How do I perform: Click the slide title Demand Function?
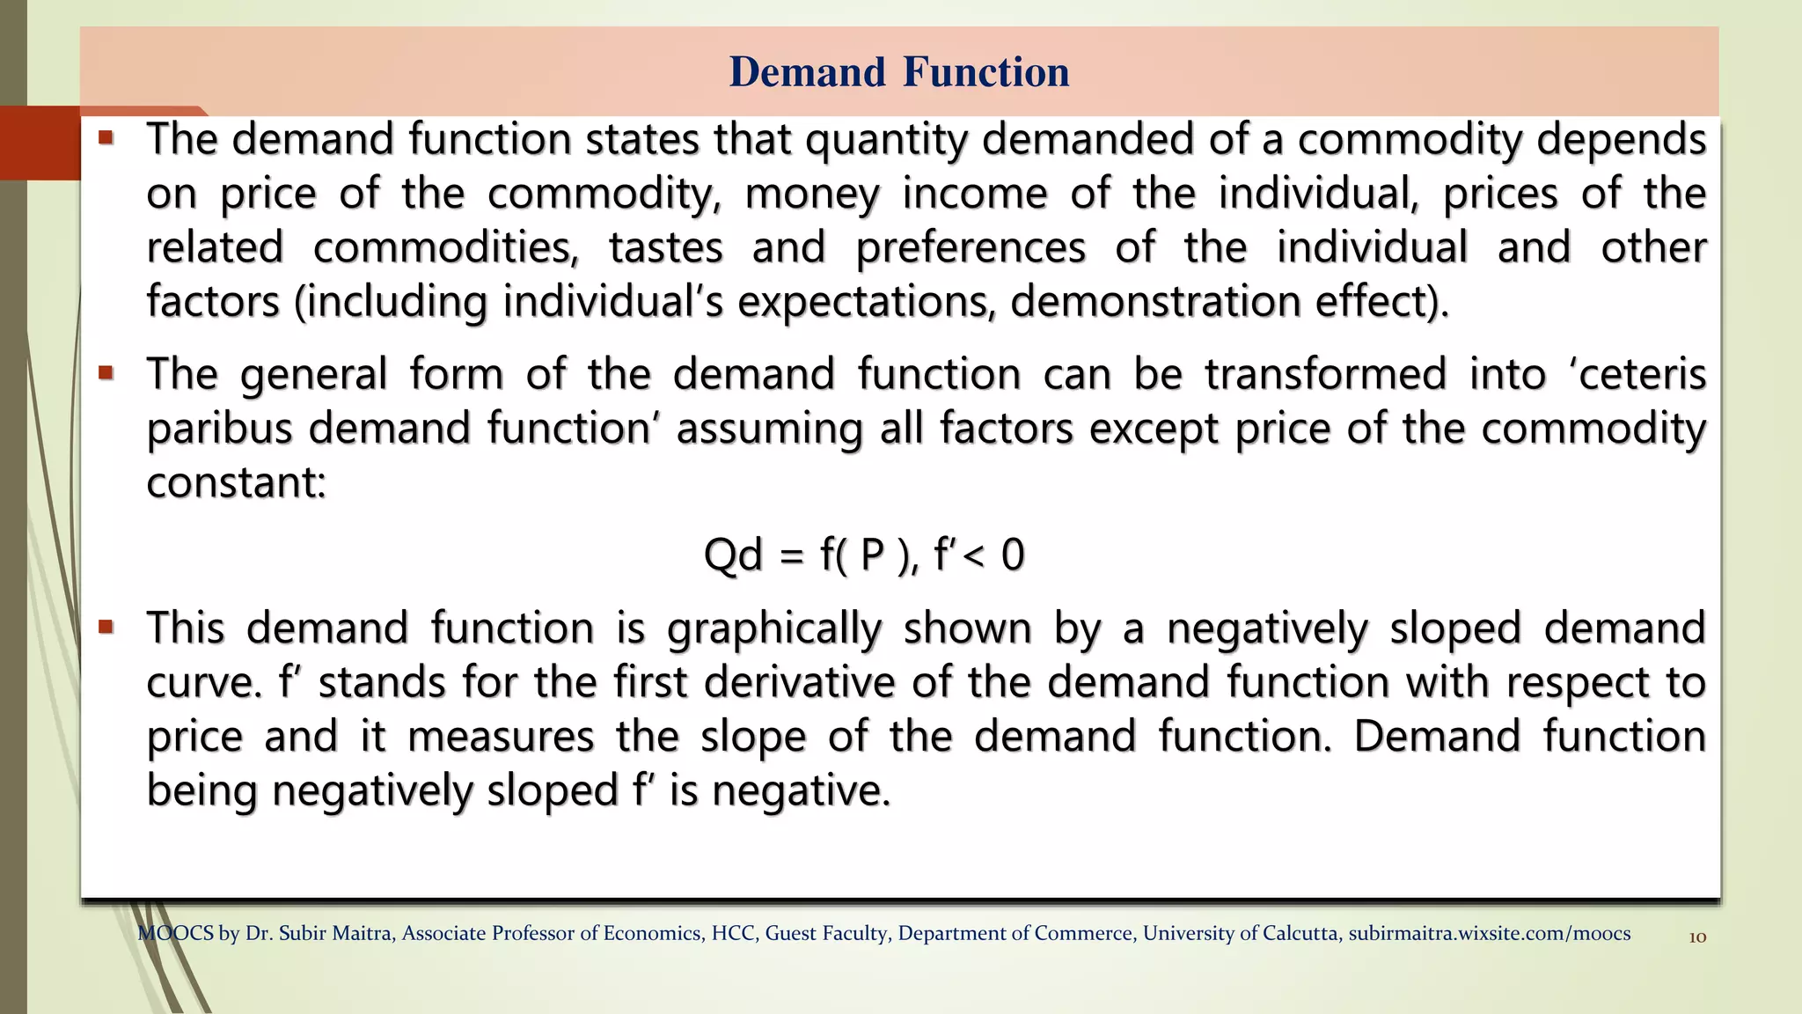pyautogui.click(x=899, y=72)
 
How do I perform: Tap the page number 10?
pyautogui.click(x=1697, y=937)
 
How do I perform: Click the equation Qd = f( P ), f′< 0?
pyautogui.click(x=864, y=555)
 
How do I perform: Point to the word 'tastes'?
pyautogui.click(x=666, y=248)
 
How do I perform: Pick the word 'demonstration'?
pyautogui.click(x=1155, y=303)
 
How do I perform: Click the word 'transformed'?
pyautogui.click(x=1325, y=375)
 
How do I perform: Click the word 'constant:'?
pyautogui.click(x=236, y=483)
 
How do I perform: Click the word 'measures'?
pyautogui.click(x=501, y=737)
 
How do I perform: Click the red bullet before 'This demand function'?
pyautogui.click(x=106, y=628)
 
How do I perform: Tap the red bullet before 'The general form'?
pyautogui.click(x=106, y=373)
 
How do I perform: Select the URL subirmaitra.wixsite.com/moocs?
pyautogui.click(x=1489, y=934)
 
